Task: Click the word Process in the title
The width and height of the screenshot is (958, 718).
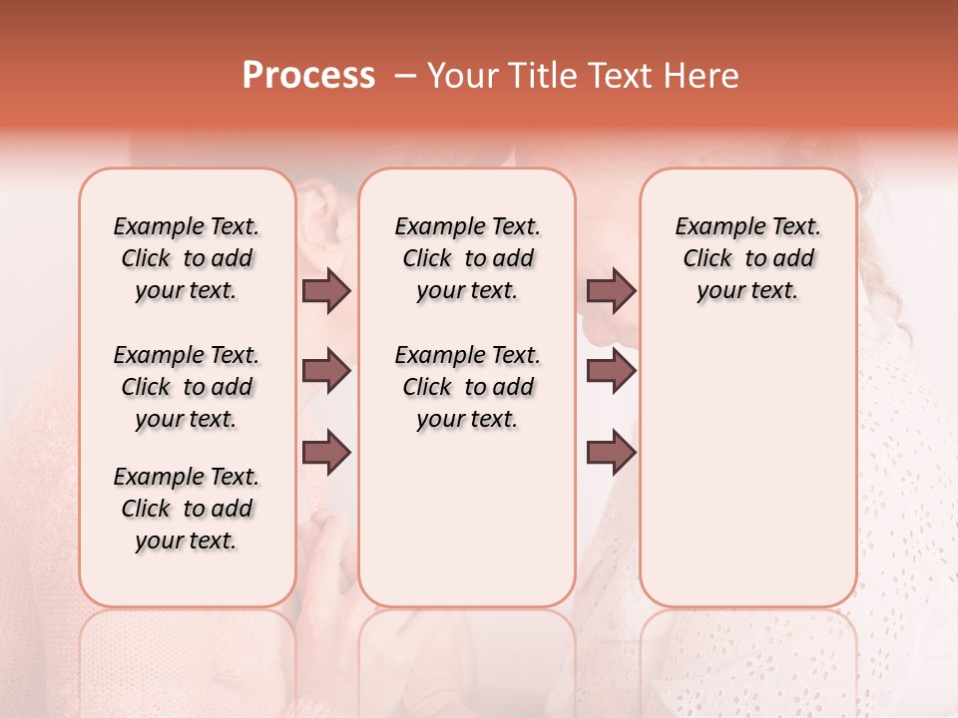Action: [x=308, y=76]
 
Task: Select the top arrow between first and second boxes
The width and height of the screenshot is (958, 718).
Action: [x=326, y=290]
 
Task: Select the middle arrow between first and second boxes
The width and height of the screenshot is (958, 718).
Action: [x=326, y=371]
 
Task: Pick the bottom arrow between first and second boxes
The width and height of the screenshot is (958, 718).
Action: [x=326, y=453]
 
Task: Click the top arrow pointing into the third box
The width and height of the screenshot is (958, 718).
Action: [x=611, y=290]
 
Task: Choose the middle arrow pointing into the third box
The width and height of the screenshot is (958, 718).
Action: [x=611, y=371]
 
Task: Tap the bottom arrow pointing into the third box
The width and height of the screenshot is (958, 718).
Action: [x=611, y=453]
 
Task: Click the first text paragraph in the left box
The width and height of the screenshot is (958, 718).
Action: [x=187, y=258]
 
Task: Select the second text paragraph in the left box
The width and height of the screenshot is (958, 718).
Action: [x=187, y=387]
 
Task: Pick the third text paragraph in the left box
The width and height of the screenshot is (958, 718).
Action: [x=187, y=509]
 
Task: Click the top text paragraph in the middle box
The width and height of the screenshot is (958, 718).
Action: [x=467, y=258]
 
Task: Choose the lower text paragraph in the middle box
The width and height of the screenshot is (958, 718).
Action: [x=467, y=387]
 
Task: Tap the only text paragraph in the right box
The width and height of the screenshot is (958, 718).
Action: [x=747, y=258]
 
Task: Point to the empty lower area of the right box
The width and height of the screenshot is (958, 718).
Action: [x=747, y=469]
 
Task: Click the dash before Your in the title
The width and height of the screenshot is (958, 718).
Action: [x=404, y=76]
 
